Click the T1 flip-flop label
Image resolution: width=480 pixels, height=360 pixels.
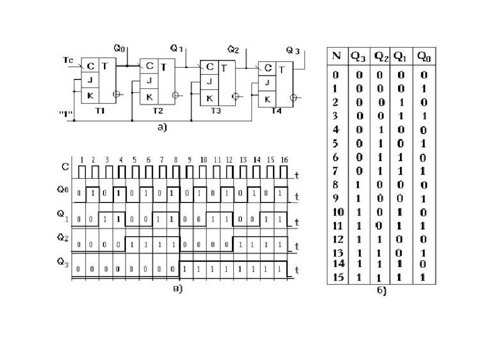pos(100,111)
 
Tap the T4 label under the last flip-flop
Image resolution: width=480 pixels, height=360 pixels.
pos(276,111)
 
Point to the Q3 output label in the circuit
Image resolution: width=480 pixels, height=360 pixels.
pos(293,50)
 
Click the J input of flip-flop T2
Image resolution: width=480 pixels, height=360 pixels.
pos(148,81)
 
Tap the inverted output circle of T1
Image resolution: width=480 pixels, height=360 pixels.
pos(116,93)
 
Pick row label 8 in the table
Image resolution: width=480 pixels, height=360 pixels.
pos(335,184)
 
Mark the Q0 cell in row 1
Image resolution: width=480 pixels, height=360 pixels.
pos(423,88)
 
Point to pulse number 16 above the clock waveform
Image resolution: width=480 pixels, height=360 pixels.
pos(283,159)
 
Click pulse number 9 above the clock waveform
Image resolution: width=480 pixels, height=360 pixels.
pos(189,159)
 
